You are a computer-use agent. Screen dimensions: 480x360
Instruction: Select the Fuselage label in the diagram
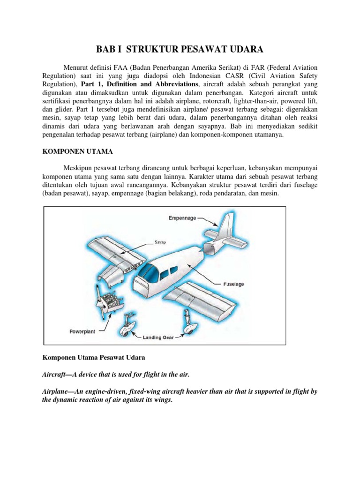click(233, 284)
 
